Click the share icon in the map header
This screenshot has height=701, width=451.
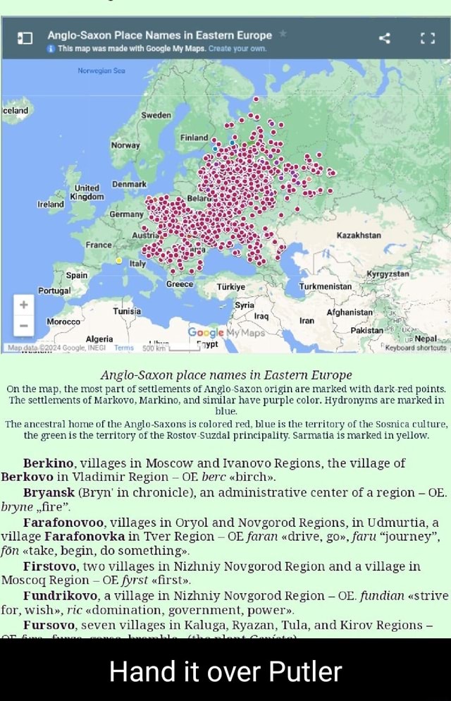[x=385, y=38]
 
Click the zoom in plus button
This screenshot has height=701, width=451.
[x=23, y=305]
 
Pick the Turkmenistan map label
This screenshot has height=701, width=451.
[x=326, y=287]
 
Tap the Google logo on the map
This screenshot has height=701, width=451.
[x=205, y=332]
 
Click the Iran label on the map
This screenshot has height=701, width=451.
[x=306, y=319]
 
